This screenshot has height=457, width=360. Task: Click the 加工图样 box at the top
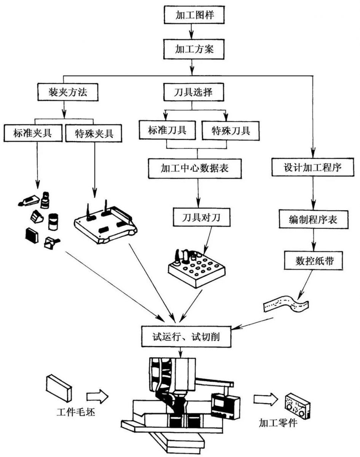(191, 15)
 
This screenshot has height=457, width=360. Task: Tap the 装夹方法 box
(64, 92)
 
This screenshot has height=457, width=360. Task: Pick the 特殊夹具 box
(94, 133)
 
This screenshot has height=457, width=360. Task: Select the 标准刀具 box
(167, 130)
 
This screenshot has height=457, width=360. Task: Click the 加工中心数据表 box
(197, 168)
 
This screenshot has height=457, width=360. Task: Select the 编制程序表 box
(313, 220)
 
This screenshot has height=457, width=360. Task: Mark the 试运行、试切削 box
(185, 336)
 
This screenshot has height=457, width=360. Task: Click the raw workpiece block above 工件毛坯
(59, 387)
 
